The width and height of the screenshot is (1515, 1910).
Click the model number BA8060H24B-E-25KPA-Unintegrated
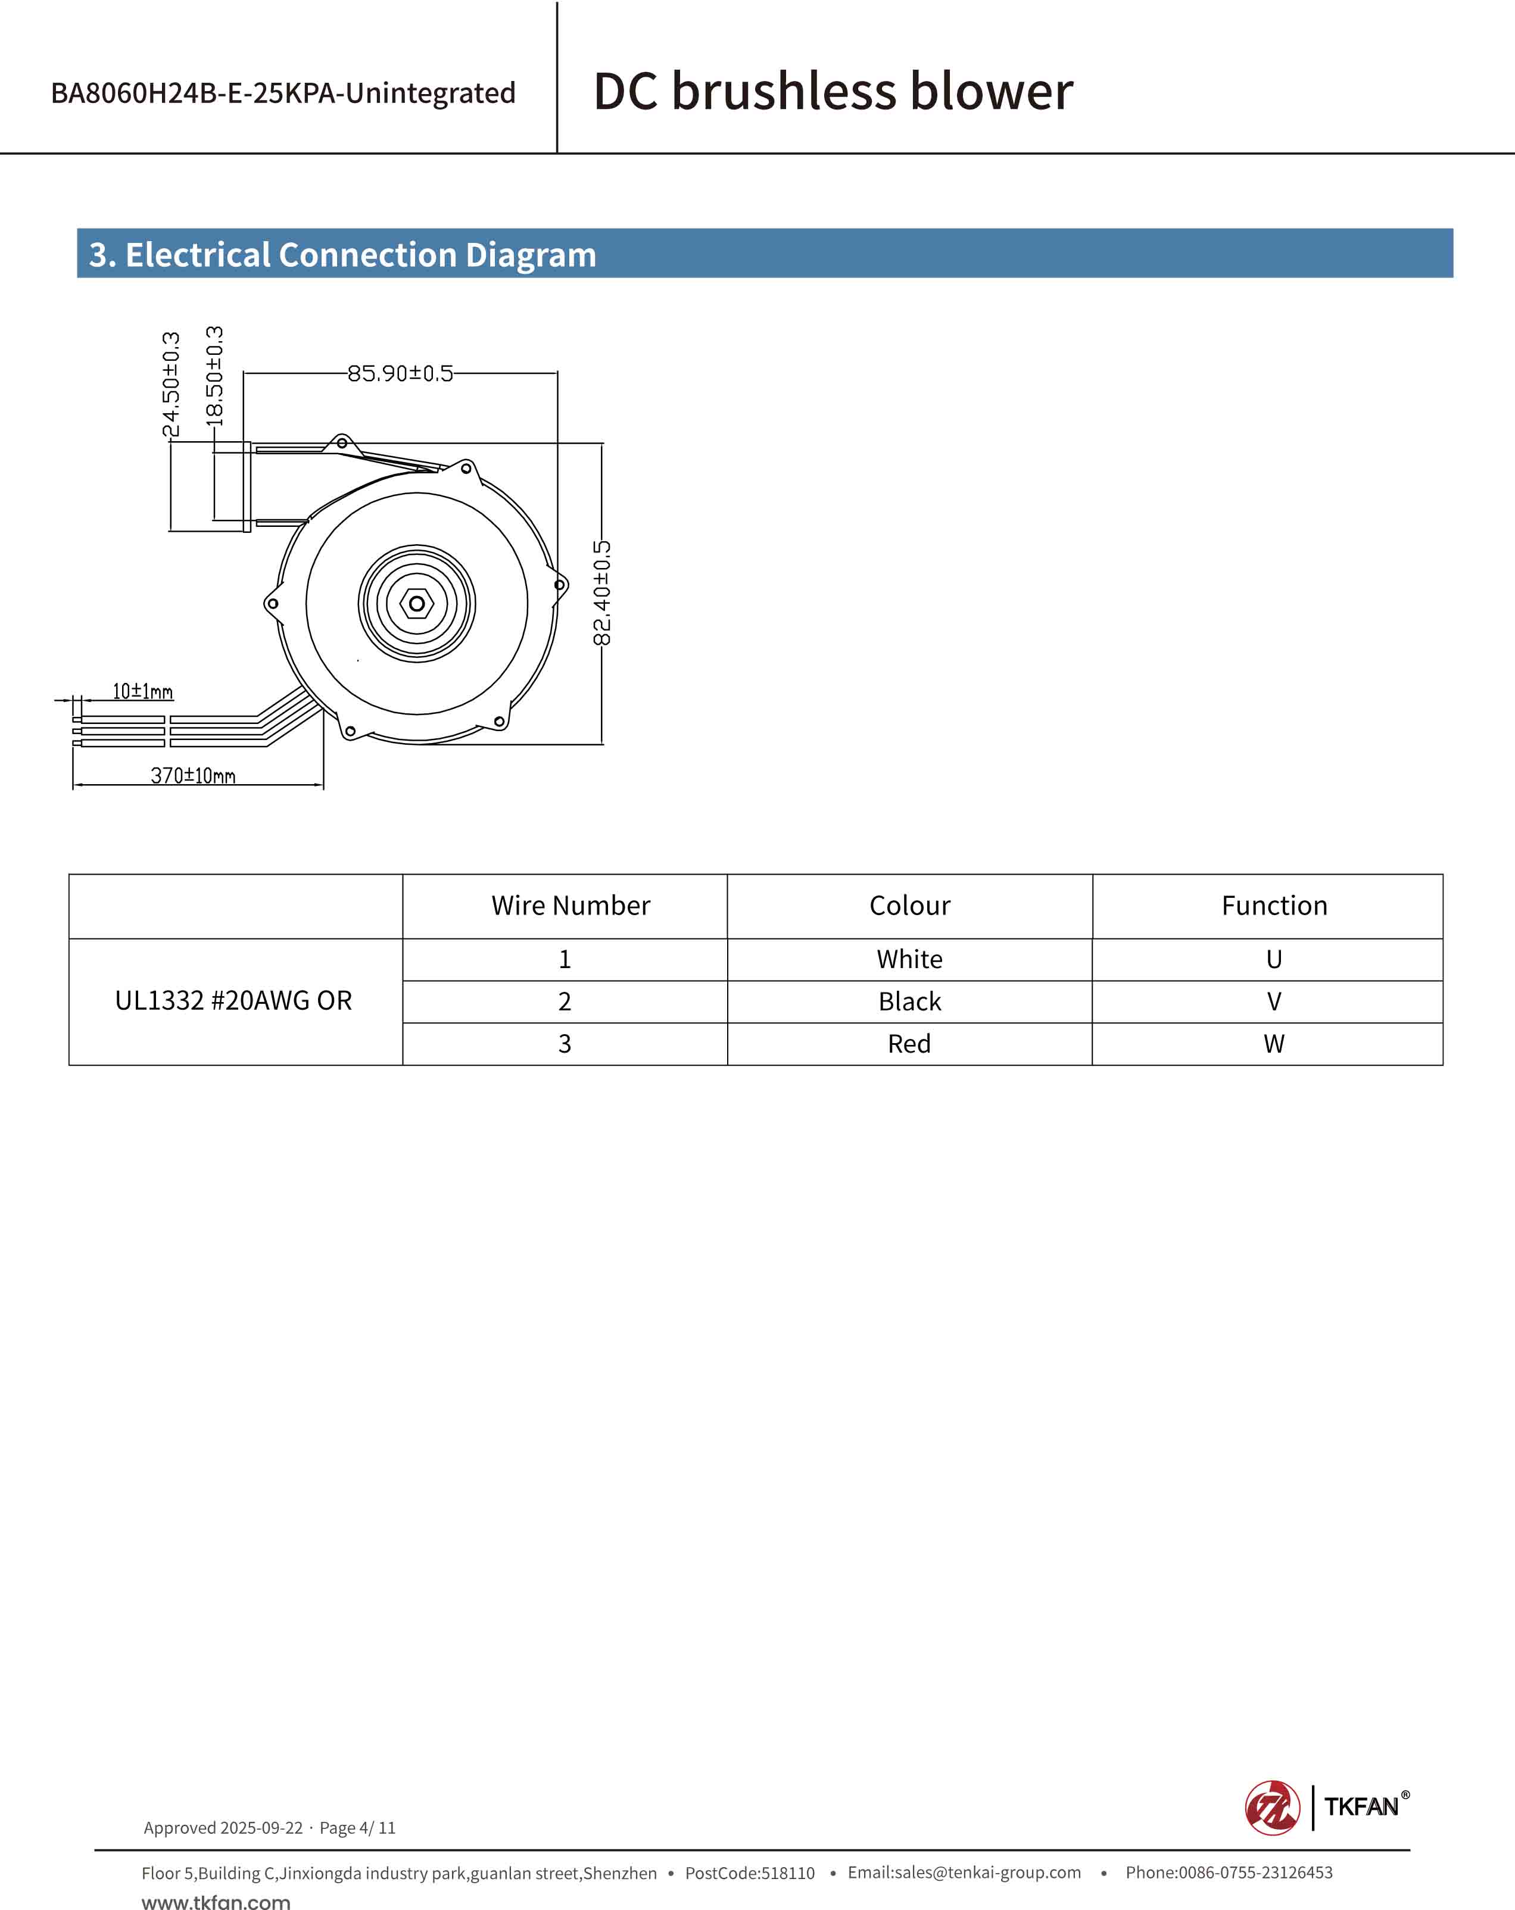coord(283,93)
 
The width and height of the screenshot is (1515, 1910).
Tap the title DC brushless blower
coord(833,91)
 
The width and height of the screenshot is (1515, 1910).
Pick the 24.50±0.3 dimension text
coord(171,385)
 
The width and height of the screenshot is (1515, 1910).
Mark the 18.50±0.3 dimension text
coord(214,376)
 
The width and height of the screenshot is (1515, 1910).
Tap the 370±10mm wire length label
coord(192,776)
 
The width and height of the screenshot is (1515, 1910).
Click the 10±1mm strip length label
coord(143,691)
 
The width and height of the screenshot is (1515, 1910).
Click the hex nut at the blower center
coord(416,603)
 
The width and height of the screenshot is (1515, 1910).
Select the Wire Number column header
coord(571,906)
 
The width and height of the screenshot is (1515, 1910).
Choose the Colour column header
coord(910,906)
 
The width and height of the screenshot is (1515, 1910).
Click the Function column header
coord(1274,906)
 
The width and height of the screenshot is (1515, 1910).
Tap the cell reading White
coord(910,959)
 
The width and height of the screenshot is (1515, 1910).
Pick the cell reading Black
coord(910,1002)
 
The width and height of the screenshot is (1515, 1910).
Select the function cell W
coord(1274,1044)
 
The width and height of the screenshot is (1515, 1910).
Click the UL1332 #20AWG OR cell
coord(234,1001)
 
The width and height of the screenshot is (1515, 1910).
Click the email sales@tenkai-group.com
coord(964,1872)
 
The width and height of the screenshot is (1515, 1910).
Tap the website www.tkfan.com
coord(216,1901)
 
